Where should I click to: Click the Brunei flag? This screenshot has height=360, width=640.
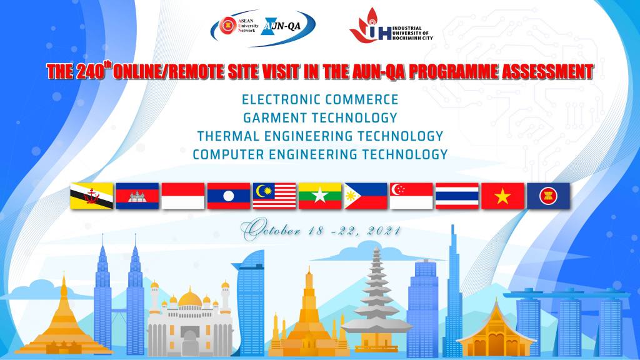(92, 196)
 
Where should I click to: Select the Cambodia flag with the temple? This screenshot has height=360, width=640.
(137, 196)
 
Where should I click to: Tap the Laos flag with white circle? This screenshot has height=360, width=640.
(229, 196)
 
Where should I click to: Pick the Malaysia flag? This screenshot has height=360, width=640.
(274, 196)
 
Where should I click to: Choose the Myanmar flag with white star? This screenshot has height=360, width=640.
(320, 196)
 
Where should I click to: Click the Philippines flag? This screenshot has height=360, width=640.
(366, 196)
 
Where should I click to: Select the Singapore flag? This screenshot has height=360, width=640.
(411, 196)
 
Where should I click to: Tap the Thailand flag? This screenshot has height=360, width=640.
(457, 196)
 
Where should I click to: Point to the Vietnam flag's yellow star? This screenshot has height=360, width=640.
(502, 197)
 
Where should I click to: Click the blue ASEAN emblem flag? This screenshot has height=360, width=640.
(549, 196)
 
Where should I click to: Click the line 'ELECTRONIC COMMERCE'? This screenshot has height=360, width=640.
(320, 99)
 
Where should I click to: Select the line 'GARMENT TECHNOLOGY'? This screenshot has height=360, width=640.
(321, 118)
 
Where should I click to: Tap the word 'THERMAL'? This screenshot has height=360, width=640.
(228, 136)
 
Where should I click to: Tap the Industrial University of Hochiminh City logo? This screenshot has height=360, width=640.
(391, 27)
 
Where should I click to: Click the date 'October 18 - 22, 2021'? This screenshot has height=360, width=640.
(321, 230)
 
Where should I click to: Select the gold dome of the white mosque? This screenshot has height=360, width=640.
(190, 298)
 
